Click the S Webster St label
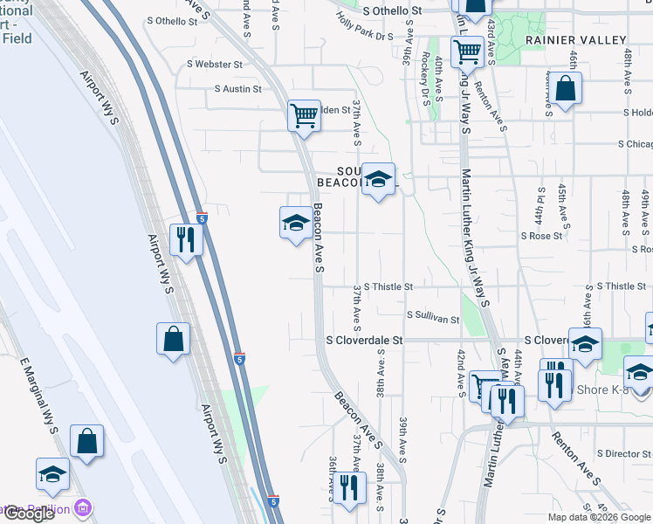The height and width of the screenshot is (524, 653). (215, 65)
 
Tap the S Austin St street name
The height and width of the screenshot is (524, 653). (238, 89)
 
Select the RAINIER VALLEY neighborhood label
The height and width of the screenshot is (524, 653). (575, 40)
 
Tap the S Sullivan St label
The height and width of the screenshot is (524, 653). (433, 320)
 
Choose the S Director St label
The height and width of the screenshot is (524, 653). (625, 454)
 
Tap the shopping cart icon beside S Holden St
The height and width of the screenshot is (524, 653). (304, 114)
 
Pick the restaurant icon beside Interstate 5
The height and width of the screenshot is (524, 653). (185, 238)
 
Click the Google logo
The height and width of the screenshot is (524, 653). (28, 514)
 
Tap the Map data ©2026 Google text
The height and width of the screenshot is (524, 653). (599, 517)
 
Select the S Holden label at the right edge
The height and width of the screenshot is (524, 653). (637, 113)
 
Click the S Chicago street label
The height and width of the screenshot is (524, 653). (635, 143)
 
